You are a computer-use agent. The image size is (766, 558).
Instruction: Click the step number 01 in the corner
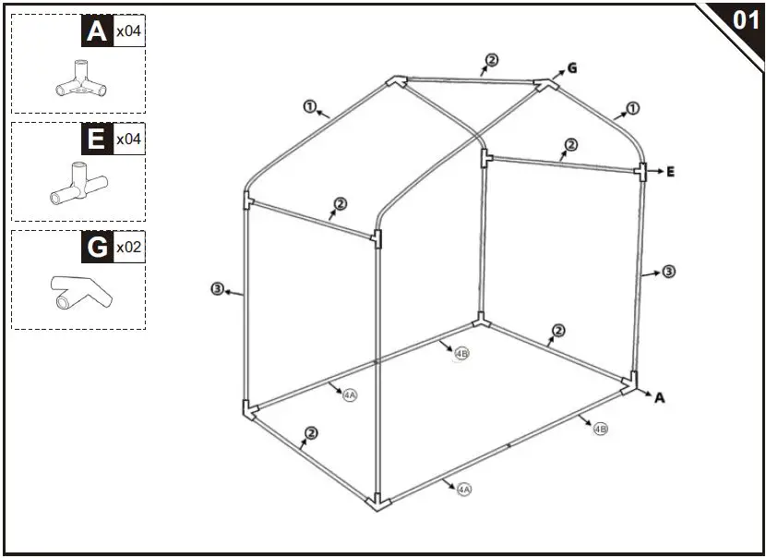[x=744, y=19]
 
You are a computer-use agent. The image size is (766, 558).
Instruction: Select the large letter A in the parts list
[x=96, y=31]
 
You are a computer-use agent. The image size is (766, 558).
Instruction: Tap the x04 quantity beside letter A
[x=128, y=32]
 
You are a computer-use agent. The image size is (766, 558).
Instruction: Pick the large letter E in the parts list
[x=96, y=139]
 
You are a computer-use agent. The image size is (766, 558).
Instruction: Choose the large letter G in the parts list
[x=96, y=248]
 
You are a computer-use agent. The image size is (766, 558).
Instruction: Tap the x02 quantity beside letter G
[x=128, y=248]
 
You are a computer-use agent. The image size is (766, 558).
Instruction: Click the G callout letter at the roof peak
[x=572, y=67]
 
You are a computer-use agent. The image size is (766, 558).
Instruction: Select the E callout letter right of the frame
[x=671, y=172]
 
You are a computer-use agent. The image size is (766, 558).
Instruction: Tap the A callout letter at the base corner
[x=660, y=397]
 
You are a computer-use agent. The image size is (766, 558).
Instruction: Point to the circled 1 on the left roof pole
[x=309, y=106]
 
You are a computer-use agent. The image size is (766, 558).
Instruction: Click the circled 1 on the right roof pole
[x=632, y=109]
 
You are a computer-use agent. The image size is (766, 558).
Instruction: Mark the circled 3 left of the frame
[x=217, y=290]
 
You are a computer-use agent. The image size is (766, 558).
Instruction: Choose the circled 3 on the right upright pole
[x=669, y=272]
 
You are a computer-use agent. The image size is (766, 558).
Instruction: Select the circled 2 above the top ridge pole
[x=492, y=60]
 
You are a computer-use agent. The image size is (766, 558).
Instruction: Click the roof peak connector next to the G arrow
[x=546, y=84]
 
